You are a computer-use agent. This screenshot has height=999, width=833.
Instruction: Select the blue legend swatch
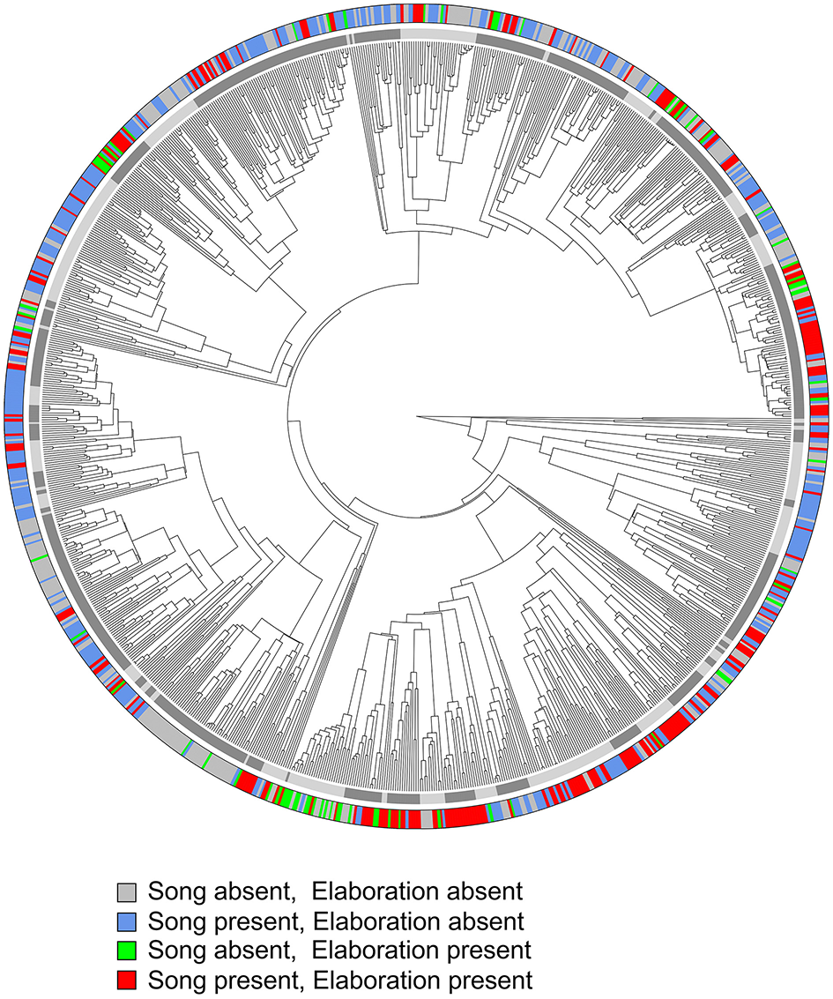coord(128,921)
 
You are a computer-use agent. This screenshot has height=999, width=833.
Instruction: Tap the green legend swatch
coord(128,951)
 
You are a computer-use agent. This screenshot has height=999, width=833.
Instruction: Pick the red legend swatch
coord(128,980)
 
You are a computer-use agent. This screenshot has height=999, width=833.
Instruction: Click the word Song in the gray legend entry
coord(175,893)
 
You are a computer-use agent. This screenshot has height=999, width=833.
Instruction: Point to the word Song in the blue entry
coord(175,922)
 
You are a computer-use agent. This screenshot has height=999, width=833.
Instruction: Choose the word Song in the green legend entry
coord(175,951)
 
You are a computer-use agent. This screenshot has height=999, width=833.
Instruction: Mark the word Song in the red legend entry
coord(175,980)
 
